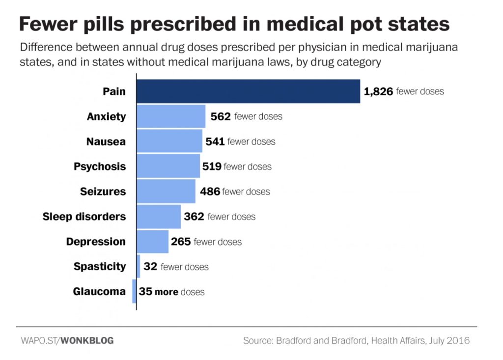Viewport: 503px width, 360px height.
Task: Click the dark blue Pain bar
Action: coord(248,91)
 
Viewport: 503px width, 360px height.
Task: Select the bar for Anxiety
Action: coord(171,116)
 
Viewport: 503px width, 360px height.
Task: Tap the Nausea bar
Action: coord(169,141)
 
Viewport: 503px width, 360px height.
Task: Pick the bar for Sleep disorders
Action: coord(158,217)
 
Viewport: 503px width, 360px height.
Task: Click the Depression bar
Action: coord(152,242)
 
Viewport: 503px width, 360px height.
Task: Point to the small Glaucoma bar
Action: coord(134,291)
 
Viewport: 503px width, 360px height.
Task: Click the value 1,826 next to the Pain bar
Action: coord(378,91)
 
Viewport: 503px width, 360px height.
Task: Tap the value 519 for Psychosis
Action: coord(212,166)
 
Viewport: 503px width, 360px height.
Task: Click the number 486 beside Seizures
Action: coord(210,192)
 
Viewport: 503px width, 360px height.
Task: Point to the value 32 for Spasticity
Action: coord(149,267)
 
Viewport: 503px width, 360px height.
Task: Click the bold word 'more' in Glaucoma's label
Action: coord(167,292)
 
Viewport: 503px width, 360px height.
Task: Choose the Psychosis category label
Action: coord(100,166)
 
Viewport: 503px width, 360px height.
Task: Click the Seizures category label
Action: coord(103,192)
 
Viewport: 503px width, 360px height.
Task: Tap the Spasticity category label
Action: coord(100,267)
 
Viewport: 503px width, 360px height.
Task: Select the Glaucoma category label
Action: coord(99,291)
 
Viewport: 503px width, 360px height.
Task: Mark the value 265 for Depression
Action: coord(181,242)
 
